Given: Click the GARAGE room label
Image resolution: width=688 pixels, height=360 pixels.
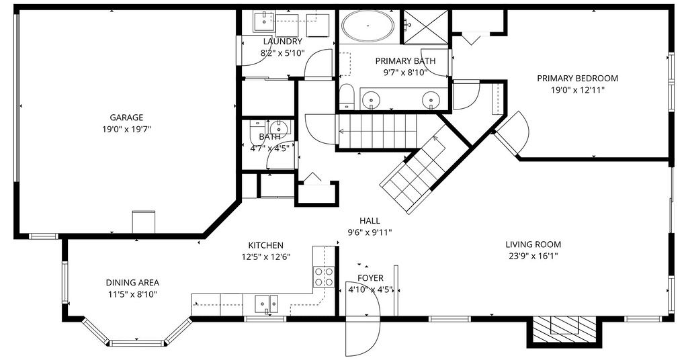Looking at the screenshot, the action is coord(126,118).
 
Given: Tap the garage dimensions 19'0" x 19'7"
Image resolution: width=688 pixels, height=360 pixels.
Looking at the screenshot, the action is coord(126,130).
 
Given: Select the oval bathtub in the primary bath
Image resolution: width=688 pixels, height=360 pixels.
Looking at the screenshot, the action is coord(368,26).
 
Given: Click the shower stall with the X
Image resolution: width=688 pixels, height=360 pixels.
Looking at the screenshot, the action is coord(425,27).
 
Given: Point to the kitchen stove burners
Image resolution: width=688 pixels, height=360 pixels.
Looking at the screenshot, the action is coord(324,276).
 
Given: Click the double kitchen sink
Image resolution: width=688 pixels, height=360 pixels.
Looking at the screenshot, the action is coord(266,304).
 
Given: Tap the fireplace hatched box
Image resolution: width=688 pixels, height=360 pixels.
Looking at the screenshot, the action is coord(564,329).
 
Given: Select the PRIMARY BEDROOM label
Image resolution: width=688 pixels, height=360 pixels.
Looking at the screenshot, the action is coord(577,79).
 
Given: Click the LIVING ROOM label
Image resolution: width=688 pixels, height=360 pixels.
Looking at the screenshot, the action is coord(533,244).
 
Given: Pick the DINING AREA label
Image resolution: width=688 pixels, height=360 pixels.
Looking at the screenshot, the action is coord(132,283).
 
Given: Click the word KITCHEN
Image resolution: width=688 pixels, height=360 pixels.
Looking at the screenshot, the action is coord(266,246).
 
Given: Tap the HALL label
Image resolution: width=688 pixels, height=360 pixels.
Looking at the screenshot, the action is coord(370,221).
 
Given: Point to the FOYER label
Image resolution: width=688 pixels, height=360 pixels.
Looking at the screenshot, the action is coord(370,278).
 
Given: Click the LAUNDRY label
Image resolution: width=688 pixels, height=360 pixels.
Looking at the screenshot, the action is coord(283,42).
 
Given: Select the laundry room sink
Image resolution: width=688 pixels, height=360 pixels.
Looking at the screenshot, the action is coord(264,21).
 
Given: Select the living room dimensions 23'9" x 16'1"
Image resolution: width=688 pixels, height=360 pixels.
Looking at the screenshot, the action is coord(533,256).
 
